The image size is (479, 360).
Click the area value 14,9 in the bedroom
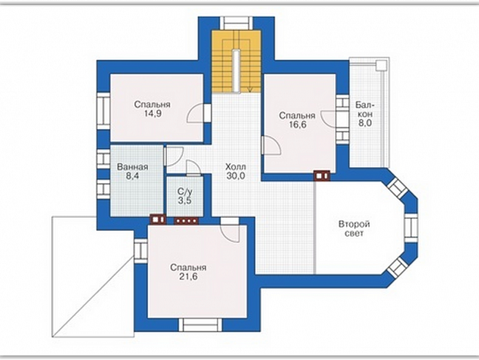(x=153, y=113)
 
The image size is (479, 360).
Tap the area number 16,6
(x=298, y=125)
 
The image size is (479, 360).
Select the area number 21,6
(x=188, y=277)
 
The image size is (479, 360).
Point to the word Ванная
(x=132, y=167)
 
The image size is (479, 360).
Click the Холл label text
(x=236, y=167)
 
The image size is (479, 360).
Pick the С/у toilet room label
(x=185, y=192)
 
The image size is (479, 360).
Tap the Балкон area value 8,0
(x=363, y=123)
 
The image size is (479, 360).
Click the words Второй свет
(x=354, y=228)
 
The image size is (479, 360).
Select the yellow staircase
(x=236, y=61)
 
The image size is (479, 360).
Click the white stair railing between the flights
(x=236, y=70)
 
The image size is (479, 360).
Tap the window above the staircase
(x=236, y=23)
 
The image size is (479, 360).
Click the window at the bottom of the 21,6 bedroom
(x=201, y=324)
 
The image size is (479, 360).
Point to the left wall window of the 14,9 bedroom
(x=104, y=111)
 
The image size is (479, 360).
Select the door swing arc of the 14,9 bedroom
(x=193, y=113)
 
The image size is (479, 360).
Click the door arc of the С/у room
(x=193, y=168)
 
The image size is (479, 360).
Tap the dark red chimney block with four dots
(x=186, y=220)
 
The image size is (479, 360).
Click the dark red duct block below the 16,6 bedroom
(x=322, y=176)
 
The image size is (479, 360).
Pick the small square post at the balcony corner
(x=382, y=65)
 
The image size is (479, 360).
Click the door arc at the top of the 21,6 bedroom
(x=230, y=233)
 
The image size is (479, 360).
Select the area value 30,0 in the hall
(x=236, y=176)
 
